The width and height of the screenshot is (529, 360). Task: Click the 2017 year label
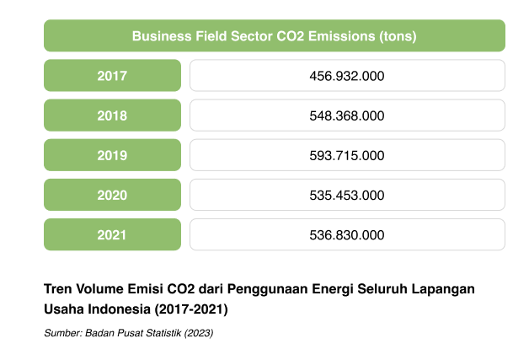[x=112, y=76]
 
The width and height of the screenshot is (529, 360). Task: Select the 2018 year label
[x=112, y=116]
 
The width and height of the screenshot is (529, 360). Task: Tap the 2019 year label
[x=112, y=155]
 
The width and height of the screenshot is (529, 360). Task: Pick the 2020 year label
[x=112, y=195]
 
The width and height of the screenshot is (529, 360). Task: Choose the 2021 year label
[x=112, y=234]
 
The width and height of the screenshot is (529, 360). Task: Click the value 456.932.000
[x=347, y=76]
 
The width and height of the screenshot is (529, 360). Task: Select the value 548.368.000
[x=347, y=116]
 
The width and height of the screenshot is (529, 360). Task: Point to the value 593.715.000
[x=347, y=155]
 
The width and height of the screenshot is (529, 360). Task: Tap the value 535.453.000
[x=347, y=195]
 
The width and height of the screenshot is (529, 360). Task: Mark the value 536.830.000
[x=347, y=234]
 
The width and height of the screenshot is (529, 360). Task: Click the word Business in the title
[x=159, y=36]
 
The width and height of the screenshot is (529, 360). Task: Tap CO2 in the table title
[x=291, y=36]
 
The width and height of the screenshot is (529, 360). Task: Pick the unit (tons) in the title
[x=398, y=36]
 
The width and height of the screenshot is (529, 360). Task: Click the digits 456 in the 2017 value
[x=321, y=76]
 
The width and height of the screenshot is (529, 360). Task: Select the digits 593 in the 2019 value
[x=321, y=155]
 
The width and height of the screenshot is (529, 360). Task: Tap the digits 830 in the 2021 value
[x=347, y=234]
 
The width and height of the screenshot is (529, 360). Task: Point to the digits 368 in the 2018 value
[x=347, y=116]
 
